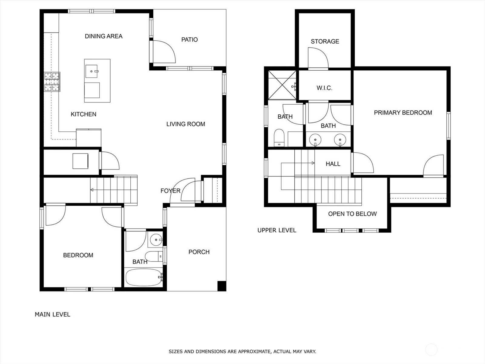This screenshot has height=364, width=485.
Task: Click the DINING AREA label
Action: click(x=104, y=36)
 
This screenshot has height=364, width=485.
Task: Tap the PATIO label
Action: click(x=189, y=39)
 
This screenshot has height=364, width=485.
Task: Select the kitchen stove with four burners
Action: click(x=52, y=82)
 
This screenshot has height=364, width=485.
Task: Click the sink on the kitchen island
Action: click(x=92, y=71)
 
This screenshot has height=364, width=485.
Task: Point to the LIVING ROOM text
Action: click(x=186, y=124)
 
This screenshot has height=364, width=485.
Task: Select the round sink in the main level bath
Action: click(x=156, y=240)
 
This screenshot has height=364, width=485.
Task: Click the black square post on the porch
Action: click(x=222, y=286)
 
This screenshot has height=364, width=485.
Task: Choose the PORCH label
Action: click(x=199, y=252)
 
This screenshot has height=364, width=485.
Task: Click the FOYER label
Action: click(x=170, y=191)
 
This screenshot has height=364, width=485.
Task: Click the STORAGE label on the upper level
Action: click(x=325, y=42)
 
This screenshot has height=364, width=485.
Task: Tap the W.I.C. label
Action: click(x=324, y=88)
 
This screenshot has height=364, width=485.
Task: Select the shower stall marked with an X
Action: click(x=282, y=85)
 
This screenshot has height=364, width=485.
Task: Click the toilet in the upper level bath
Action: click(x=279, y=137)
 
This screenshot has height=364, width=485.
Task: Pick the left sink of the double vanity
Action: click(x=315, y=140)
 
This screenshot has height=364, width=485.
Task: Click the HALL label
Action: click(x=333, y=164)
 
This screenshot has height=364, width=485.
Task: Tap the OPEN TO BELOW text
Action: click(x=352, y=214)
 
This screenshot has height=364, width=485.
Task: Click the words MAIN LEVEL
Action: click(x=52, y=315)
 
